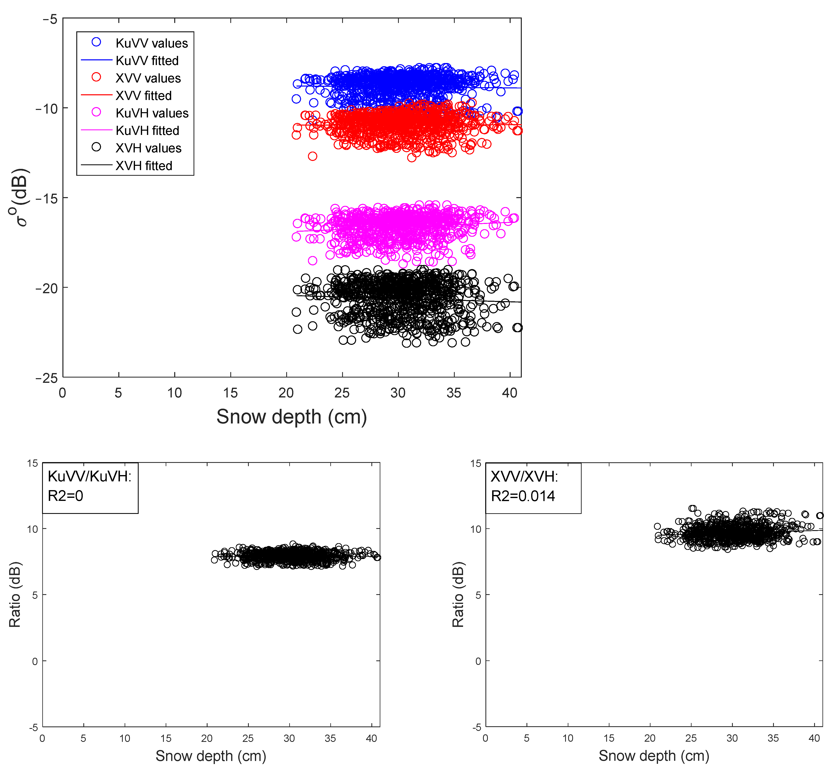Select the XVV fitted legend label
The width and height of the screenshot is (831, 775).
143,96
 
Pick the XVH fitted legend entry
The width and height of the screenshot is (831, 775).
144,166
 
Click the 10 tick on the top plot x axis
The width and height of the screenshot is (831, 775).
174,393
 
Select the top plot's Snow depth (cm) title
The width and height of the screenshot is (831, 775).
291,417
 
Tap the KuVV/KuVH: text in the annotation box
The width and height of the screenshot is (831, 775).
89,476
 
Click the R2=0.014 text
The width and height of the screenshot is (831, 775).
522,496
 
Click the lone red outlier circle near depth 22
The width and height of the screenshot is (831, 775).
312,156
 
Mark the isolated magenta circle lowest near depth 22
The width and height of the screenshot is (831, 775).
312,261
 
